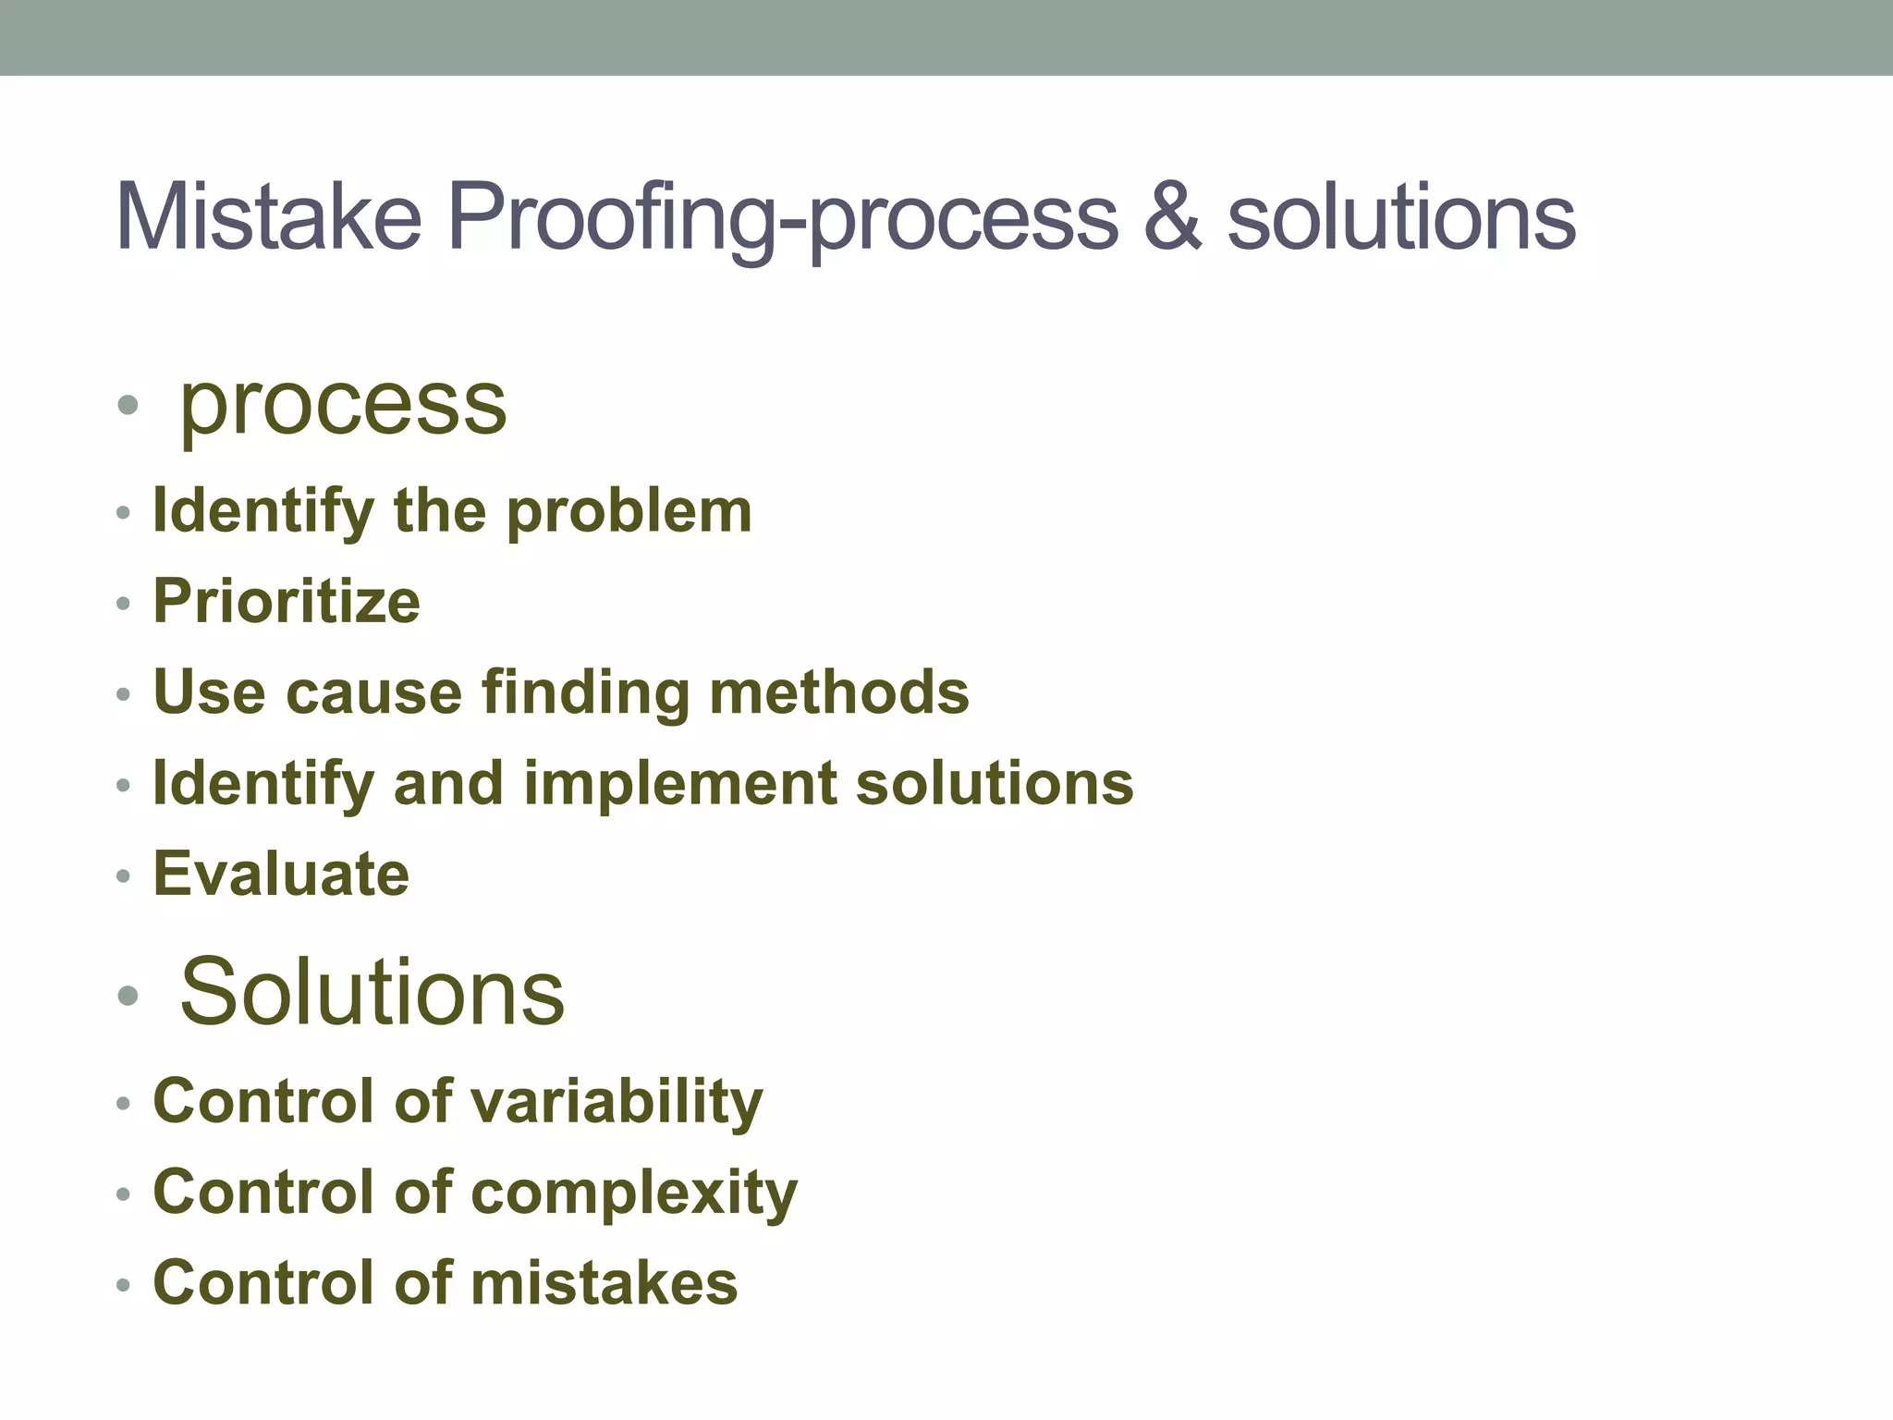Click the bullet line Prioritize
[287, 601]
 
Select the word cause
[373, 692]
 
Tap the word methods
[839, 692]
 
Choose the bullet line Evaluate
[281, 874]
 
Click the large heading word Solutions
[372, 992]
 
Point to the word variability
[617, 1102]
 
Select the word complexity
[634, 1193]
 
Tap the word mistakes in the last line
[605, 1283]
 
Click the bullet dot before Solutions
[128, 996]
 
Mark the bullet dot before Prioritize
[124, 604]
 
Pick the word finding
[586, 692]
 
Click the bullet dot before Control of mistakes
[124, 1285]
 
